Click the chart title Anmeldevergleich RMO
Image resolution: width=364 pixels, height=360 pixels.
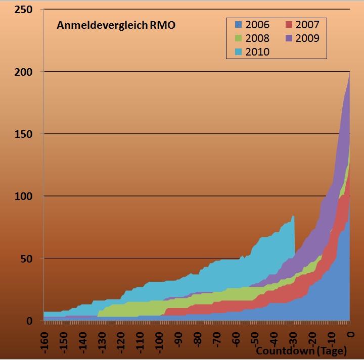(116, 25)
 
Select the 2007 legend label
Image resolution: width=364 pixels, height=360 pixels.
(307, 24)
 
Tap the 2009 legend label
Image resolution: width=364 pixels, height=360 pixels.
(307, 38)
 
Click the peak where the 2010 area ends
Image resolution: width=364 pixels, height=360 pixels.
(293, 216)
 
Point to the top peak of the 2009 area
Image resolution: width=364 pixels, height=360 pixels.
(349, 72)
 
